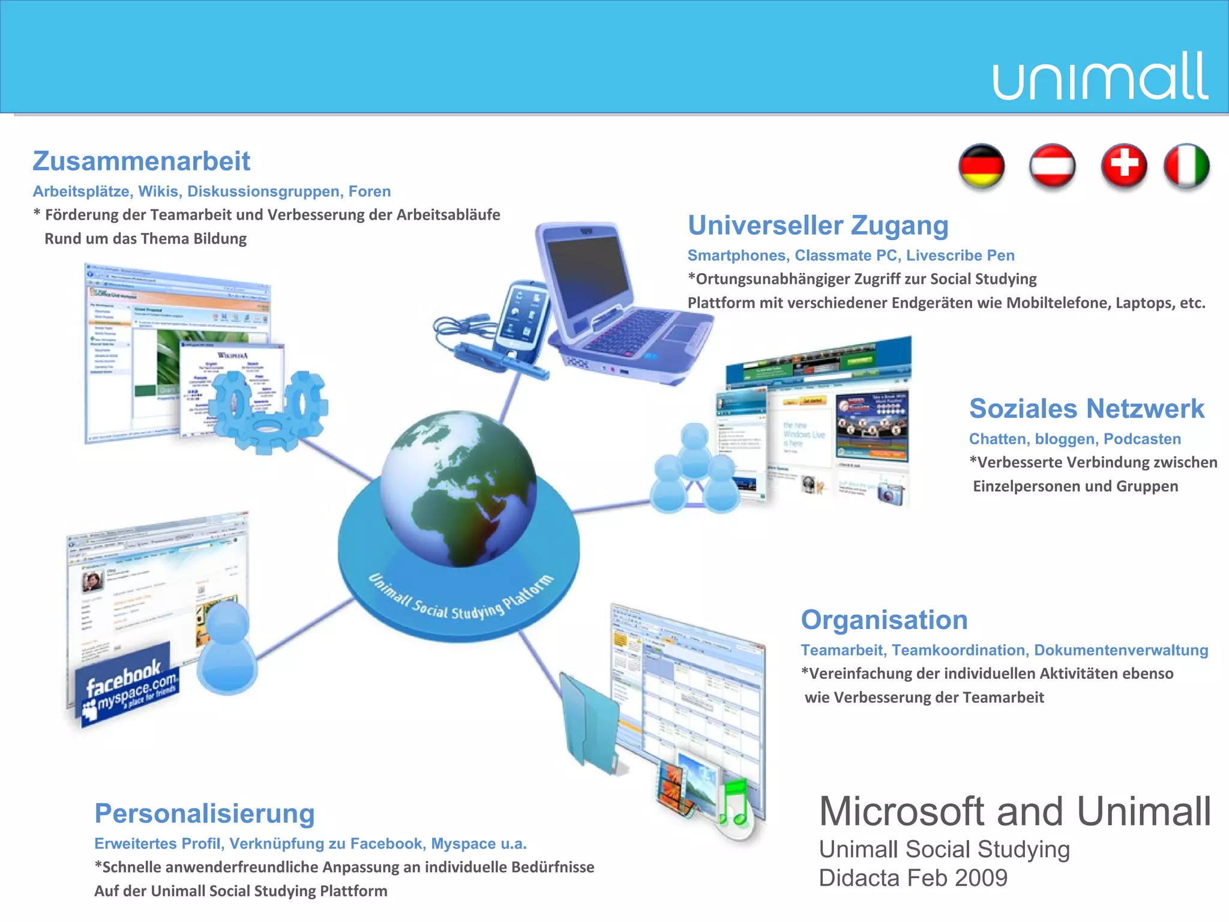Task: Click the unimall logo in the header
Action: click(x=1099, y=77)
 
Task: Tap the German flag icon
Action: click(x=982, y=166)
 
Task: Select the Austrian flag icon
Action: click(x=1053, y=166)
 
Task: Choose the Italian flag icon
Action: click(x=1186, y=166)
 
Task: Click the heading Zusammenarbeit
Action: click(x=142, y=161)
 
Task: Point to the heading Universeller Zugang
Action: click(x=818, y=226)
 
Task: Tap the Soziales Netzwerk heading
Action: click(x=1087, y=409)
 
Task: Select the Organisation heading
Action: click(x=885, y=620)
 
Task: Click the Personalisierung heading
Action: click(x=205, y=814)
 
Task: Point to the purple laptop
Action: click(x=624, y=306)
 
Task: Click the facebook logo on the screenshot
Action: click(x=123, y=676)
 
